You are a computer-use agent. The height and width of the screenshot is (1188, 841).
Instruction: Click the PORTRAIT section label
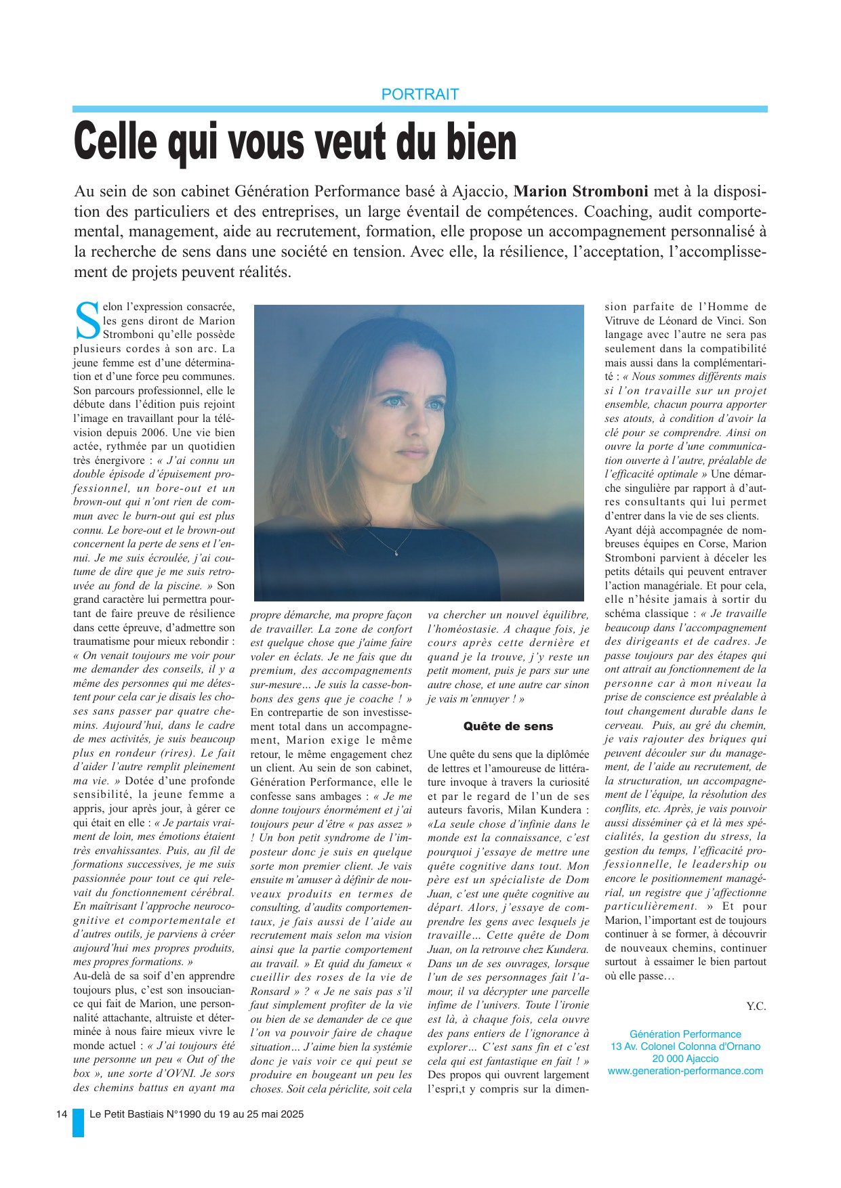coord(420,94)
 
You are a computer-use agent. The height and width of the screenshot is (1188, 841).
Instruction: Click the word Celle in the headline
coord(115,142)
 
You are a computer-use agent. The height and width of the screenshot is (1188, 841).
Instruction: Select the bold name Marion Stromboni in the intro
coord(581,191)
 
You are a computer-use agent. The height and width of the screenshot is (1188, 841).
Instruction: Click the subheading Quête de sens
coord(508,726)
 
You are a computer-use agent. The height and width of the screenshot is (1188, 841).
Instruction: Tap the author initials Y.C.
coord(756,1006)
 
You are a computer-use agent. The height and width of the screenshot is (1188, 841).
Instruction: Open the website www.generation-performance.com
coord(685,1071)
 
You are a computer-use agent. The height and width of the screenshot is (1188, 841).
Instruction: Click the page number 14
coord(62,1114)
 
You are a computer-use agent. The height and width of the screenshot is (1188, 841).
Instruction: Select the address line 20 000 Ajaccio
coord(685,1059)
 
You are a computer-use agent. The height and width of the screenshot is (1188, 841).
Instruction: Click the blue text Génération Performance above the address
coord(685,1034)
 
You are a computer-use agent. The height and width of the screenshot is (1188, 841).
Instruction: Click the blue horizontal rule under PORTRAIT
coord(420,108)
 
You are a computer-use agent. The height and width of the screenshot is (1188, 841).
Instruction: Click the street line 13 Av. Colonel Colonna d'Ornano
coord(685,1046)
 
